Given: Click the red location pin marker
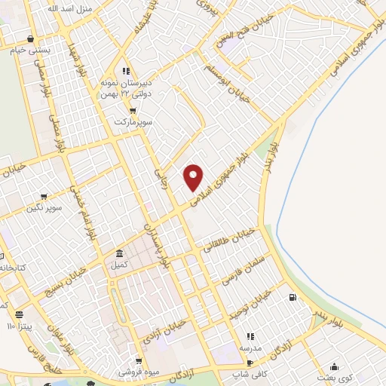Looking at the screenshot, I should [x=194, y=177].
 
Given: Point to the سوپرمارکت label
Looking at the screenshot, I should [x=133, y=121].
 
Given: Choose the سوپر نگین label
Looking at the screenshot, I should [x=44, y=206].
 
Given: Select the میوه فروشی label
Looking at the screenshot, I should [x=138, y=372].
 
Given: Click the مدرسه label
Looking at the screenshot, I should [x=250, y=348].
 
